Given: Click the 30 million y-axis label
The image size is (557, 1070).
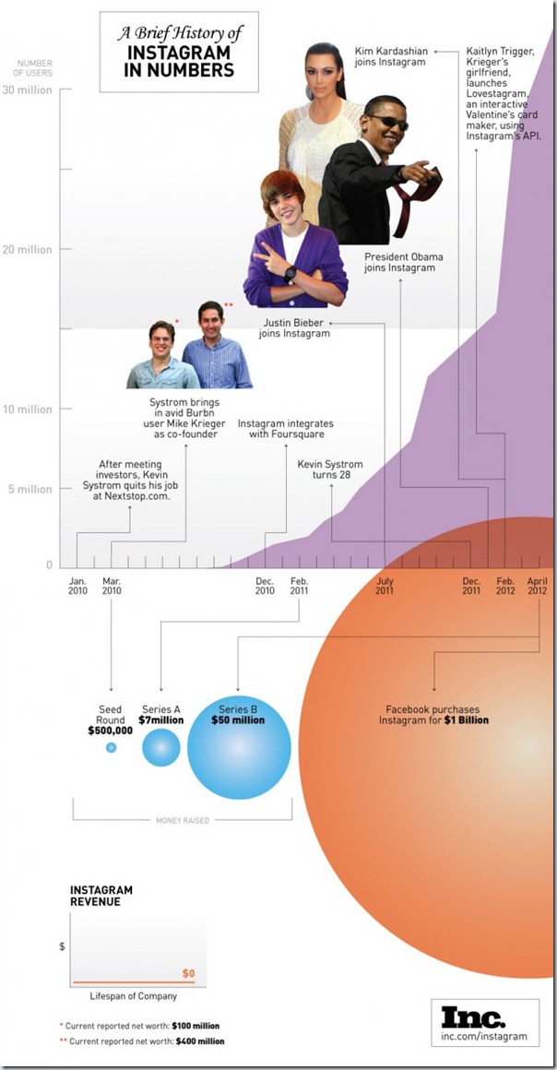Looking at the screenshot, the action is [28, 90].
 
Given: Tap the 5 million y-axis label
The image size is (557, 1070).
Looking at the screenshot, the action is [30, 489].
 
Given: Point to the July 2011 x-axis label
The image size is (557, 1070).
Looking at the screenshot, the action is [385, 586].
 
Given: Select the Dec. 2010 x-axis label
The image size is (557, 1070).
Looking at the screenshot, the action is [265, 586].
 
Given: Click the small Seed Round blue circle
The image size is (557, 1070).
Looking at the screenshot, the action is [112, 747].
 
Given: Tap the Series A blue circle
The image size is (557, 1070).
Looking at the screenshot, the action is [161, 747].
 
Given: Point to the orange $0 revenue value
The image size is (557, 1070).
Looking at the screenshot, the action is [188, 973].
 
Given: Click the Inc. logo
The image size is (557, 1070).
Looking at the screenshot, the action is [474, 1017].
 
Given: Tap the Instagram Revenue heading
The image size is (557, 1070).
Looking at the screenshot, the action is [101, 896].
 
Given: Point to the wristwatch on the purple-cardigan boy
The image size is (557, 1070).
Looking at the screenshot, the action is [290, 274].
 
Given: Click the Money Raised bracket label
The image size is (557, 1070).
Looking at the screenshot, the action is [183, 820].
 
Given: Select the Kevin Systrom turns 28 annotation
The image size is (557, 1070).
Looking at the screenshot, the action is [330, 470].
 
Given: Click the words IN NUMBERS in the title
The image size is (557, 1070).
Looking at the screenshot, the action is [179, 69].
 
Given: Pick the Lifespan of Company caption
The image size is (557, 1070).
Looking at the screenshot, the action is [133, 996].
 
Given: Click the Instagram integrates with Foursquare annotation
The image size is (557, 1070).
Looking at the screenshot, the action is [285, 429].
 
